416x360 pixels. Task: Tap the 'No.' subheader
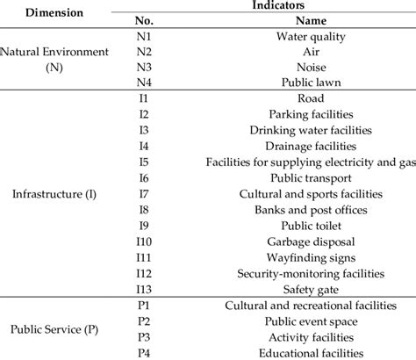tap(144, 21)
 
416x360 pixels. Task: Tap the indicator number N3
tap(144, 68)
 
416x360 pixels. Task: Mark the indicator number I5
tap(144, 162)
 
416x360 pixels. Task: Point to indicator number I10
tap(144, 241)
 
